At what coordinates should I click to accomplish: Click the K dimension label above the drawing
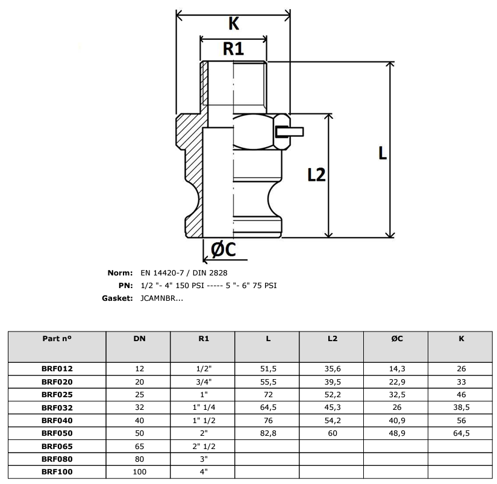tap(234, 24)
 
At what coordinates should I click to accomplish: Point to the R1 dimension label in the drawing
tap(233, 49)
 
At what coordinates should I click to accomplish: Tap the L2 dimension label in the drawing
tap(316, 175)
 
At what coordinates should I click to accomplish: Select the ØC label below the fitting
tap(223, 250)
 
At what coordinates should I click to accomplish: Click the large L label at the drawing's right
tap(383, 153)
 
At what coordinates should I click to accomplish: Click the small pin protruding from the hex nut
tap(290, 131)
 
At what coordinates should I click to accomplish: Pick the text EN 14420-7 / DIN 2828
tap(184, 273)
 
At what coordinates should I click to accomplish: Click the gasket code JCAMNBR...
tap(161, 298)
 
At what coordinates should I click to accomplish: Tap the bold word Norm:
tap(120, 273)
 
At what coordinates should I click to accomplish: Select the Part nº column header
tap(57, 338)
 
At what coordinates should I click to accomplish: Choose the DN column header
tap(140, 338)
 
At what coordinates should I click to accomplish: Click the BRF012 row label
tap(57, 368)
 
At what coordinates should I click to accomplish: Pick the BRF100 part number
tap(57, 471)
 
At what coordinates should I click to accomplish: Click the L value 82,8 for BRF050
tap(268, 433)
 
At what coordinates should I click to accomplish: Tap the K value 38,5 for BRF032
tap(461, 407)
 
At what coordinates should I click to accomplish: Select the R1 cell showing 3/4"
tap(204, 382)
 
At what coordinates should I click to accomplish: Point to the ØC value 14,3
tap(397, 368)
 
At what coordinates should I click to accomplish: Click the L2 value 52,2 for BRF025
tap(333, 395)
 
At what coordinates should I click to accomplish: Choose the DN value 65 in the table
tap(140, 446)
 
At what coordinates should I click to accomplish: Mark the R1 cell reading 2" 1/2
tap(204, 446)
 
